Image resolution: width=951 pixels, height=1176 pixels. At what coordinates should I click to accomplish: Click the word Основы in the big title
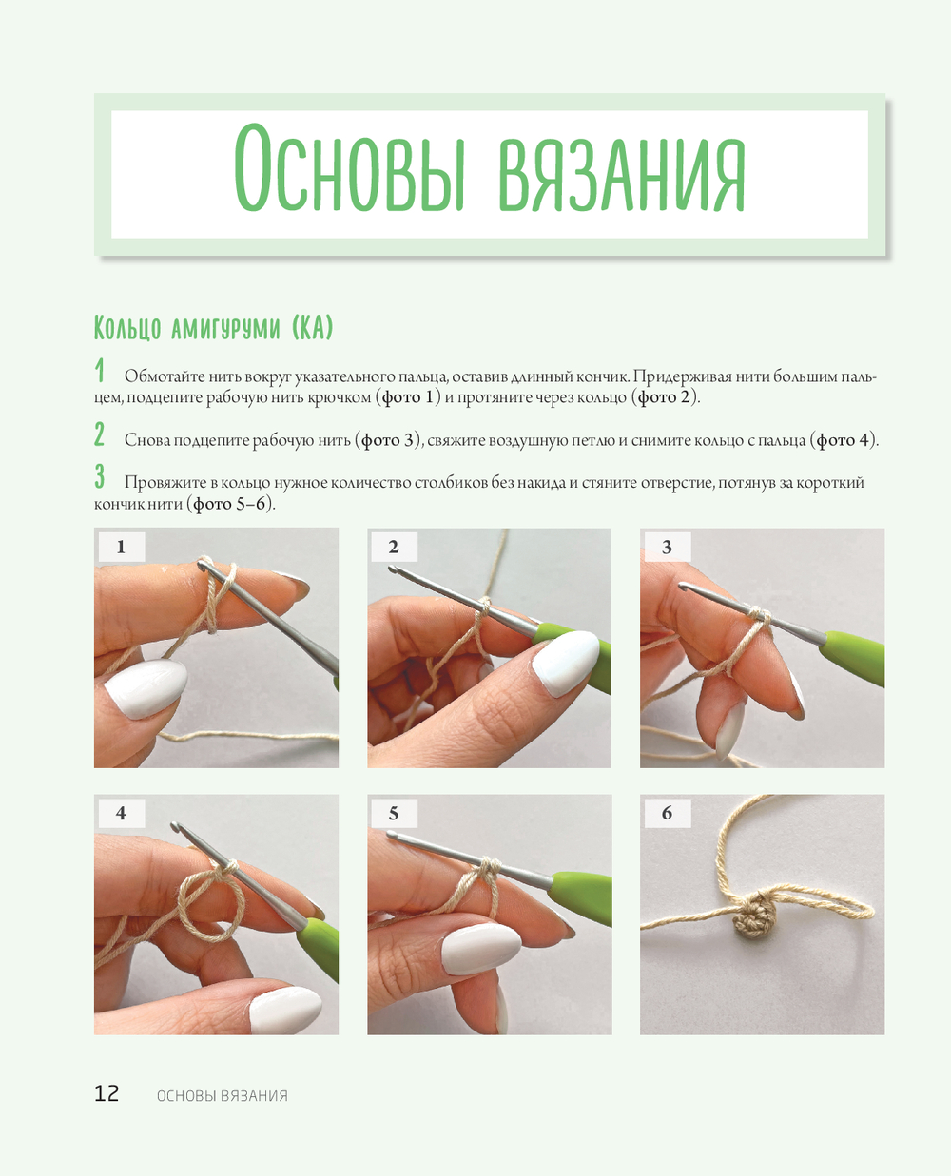[x=348, y=168]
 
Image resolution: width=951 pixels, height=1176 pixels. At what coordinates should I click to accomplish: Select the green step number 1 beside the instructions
[x=100, y=371]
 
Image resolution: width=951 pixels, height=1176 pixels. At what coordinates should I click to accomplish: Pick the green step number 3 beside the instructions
[x=100, y=476]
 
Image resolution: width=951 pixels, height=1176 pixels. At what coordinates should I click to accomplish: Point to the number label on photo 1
[x=122, y=547]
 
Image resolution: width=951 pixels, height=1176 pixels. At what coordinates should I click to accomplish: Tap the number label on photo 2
[x=394, y=547]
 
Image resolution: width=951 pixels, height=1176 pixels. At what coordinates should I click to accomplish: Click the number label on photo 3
[x=668, y=547]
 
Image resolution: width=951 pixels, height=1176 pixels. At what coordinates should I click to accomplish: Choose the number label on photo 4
[x=122, y=813]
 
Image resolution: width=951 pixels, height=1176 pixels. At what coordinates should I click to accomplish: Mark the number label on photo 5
[x=394, y=813]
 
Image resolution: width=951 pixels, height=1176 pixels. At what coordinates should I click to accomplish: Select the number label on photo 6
[x=668, y=813]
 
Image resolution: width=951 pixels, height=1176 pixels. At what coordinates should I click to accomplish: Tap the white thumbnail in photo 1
[x=146, y=688]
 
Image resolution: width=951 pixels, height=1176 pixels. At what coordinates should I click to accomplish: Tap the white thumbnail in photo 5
[x=480, y=949]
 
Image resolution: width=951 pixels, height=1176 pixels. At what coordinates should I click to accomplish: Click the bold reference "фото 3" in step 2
[x=387, y=440]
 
